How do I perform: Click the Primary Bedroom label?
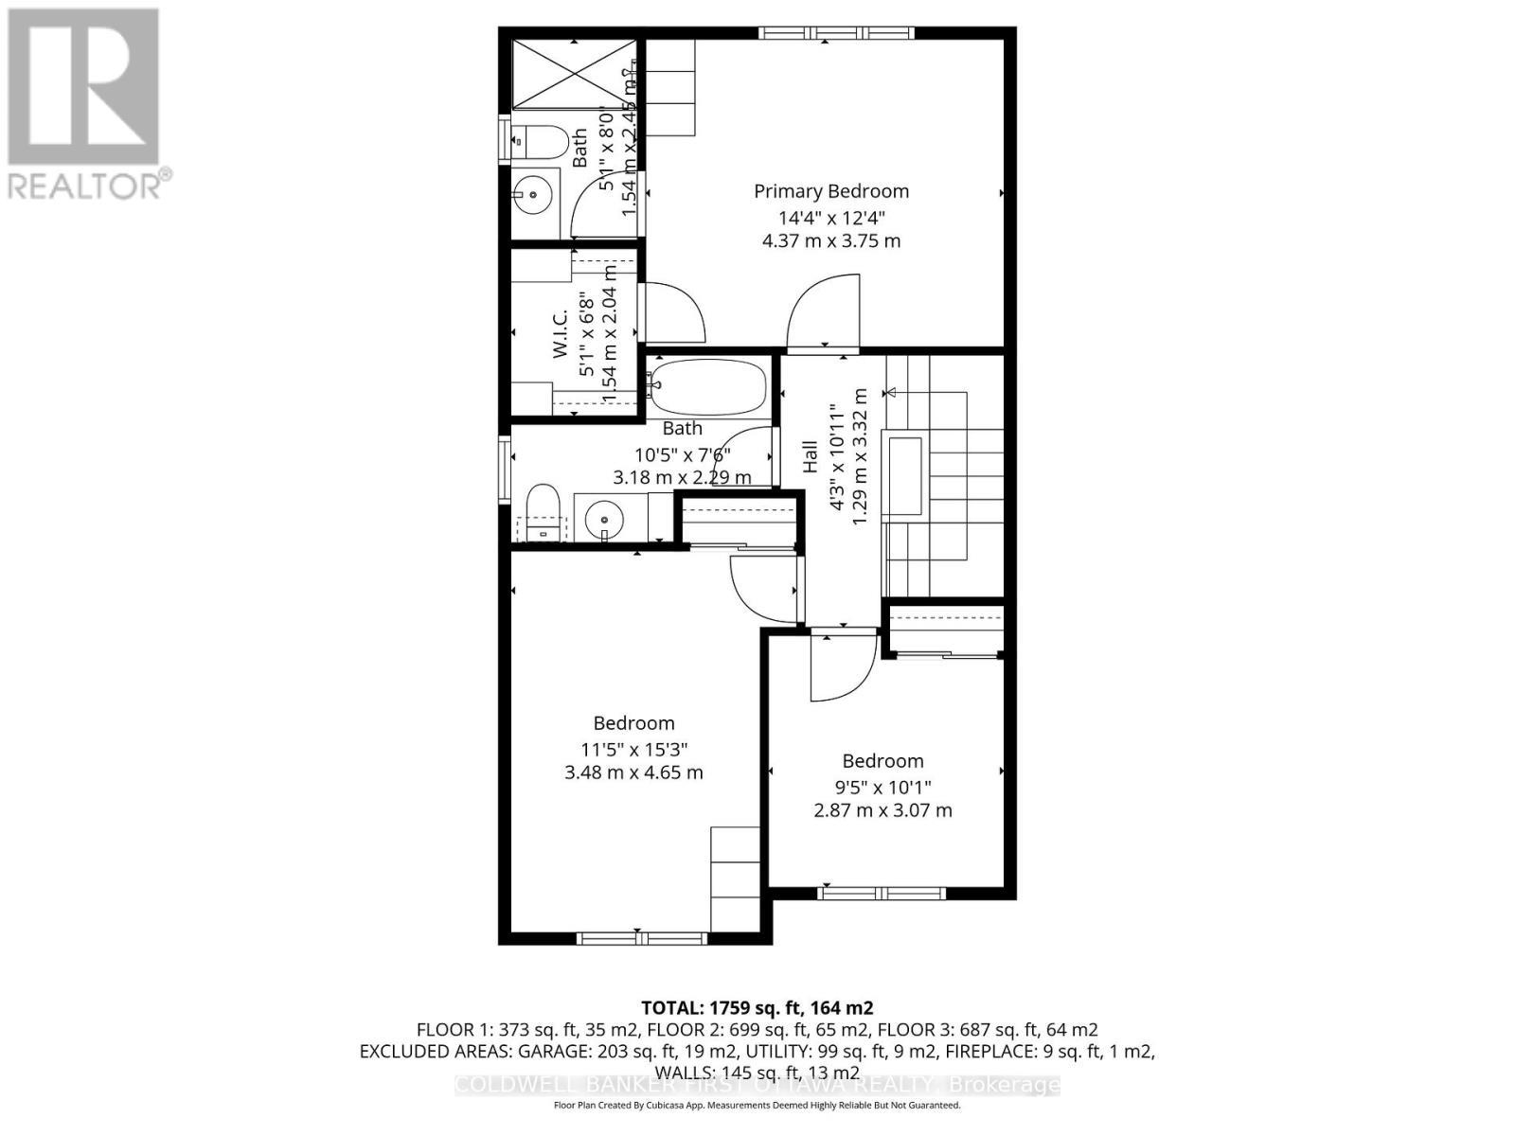[x=831, y=191]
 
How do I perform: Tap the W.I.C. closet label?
[x=560, y=333]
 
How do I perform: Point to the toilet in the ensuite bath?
[x=540, y=142]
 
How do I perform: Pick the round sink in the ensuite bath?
[x=532, y=196]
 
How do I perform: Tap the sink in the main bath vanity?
[x=603, y=519]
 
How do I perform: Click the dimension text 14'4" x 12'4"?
[x=831, y=217]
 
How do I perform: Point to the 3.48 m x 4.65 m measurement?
[x=633, y=772]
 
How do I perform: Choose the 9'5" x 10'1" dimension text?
[x=882, y=787]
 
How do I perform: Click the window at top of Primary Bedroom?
[x=836, y=33]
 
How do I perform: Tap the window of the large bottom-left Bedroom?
[x=642, y=938]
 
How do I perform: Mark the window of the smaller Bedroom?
[x=882, y=893]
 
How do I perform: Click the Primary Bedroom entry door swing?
[x=825, y=312]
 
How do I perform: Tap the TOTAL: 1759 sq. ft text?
[x=757, y=1007]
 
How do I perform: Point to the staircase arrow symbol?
[x=890, y=392]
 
